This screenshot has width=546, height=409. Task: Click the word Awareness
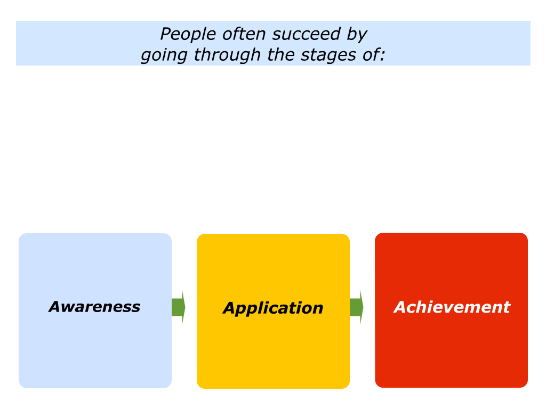(x=94, y=307)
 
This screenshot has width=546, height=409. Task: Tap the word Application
(x=273, y=308)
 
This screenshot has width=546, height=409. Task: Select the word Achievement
(x=452, y=307)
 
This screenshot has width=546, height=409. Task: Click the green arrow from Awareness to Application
(x=178, y=307)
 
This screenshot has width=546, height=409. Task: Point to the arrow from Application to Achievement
(x=357, y=307)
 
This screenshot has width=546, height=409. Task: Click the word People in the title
(x=188, y=35)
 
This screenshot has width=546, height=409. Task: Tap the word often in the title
(x=244, y=34)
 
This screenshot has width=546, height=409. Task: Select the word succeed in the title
(x=307, y=34)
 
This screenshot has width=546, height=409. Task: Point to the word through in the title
(x=227, y=55)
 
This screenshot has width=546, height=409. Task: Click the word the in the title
(x=280, y=55)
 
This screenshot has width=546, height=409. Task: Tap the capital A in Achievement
(x=402, y=307)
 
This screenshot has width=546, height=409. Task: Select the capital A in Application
(x=231, y=308)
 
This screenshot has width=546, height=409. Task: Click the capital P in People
(x=166, y=34)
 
